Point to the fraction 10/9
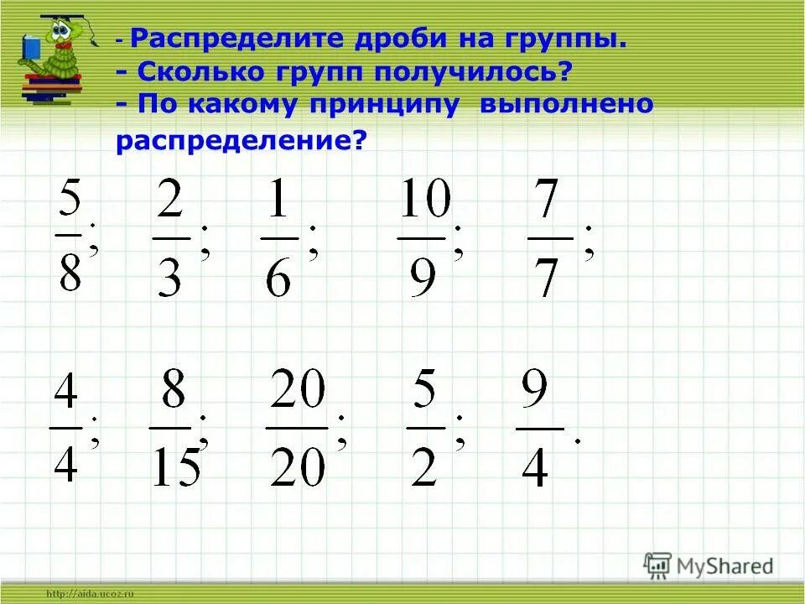(x=424, y=237)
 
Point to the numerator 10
(x=424, y=202)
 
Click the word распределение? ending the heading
(x=242, y=140)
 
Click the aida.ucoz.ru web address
(x=92, y=594)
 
